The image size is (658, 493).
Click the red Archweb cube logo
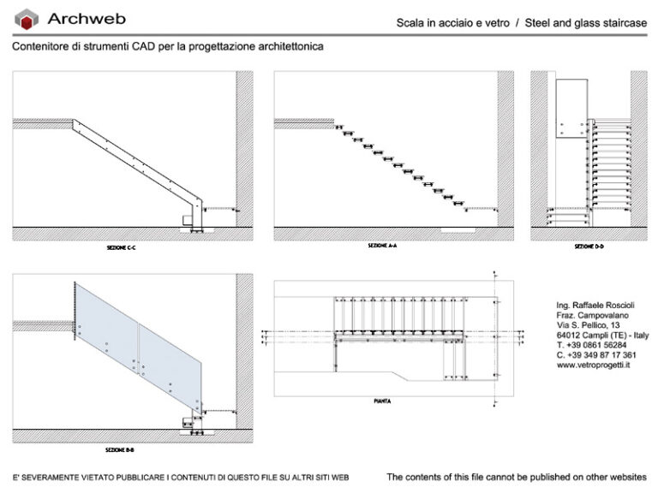[28, 19]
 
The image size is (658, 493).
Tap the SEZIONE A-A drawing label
[382, 246]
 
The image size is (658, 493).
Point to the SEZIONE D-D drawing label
[589, 246]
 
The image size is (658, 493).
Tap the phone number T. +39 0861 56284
[591, 345]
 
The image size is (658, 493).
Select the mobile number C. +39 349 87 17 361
[595, 354]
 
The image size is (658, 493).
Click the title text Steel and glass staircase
[587, 23]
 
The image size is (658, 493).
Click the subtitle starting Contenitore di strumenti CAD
[168, 46]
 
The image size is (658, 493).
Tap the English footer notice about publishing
[517, 477]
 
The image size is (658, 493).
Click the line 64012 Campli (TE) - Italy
[602, 336]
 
